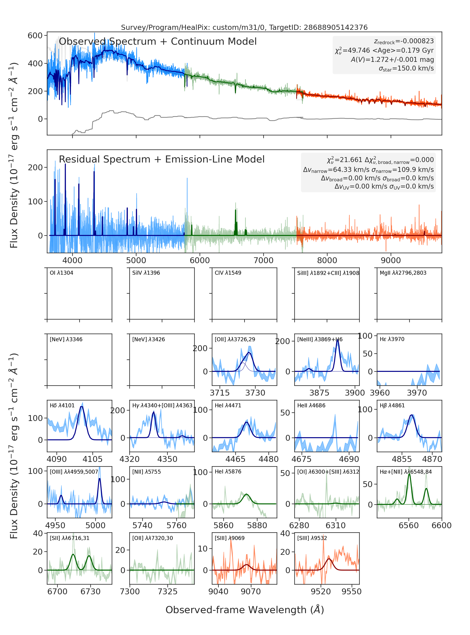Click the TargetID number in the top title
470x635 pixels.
(x=336, y=27)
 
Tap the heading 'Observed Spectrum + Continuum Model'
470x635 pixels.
(x=158, y=42)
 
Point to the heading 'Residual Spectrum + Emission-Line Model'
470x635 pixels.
(x=162, y=159)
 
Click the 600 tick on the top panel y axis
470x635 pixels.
(x=35, y=36)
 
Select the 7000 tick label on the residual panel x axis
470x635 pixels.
(x=263, y=260)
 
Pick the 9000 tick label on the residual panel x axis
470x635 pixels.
(x=391, y=260)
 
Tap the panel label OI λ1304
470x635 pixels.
(x=62, y=273)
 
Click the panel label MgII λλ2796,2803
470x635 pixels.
(x=403, y=273)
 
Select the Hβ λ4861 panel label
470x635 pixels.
(x=392, y=405)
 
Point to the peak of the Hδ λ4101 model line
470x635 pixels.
(x=82, y=407)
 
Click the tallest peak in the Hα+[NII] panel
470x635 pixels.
(x=409, y=474)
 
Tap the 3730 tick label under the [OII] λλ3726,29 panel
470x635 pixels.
(x=255, y=393)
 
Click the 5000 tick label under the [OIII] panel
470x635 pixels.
(x=95, y=525)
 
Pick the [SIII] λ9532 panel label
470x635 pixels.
(x=312, y=538)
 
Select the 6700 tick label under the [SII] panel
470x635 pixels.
(x=58, y=592)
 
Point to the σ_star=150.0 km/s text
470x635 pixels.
(x=406, y=69)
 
